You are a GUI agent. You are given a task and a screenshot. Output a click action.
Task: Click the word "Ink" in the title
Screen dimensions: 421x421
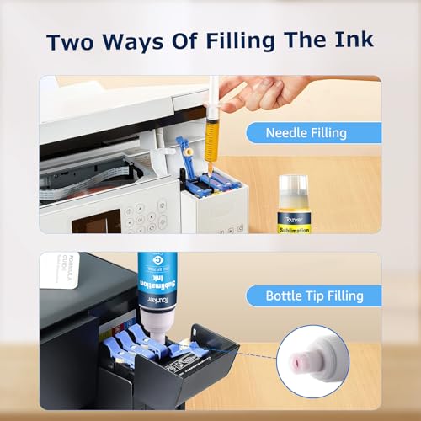click(347, 42)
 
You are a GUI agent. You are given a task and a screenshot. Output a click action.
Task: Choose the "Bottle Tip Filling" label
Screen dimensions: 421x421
click(314, 296)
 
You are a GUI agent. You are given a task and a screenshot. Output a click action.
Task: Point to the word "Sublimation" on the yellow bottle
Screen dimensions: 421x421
click(295, 228)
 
